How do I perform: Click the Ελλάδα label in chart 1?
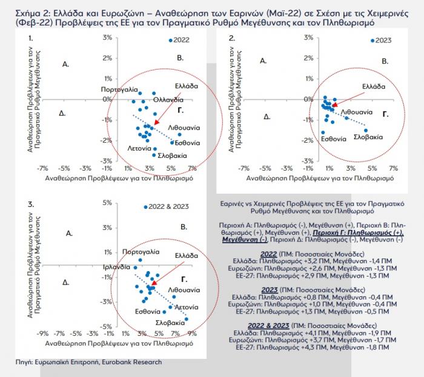tap(187, 86)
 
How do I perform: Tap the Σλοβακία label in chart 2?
tap(368, 137)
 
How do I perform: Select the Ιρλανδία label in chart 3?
tap(117, 267)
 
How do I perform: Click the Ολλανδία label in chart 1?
tap(168, 100)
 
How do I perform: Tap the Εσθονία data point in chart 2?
tap(323, 133)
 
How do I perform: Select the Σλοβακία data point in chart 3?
tap(187, 319)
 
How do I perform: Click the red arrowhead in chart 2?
tap(335, 105)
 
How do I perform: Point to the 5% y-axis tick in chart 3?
tap(107, 203)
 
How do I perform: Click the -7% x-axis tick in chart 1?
tap(42, 168)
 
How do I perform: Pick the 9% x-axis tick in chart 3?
tap(192, 334)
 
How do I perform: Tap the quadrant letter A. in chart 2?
tap(263, 61)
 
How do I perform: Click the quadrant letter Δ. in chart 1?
tap(62, 113)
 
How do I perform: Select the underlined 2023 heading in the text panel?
tap(270, 290)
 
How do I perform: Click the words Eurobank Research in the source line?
tap(131, 362)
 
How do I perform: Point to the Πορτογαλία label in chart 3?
tap(141, 252)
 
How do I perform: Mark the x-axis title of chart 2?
tap(320, 179)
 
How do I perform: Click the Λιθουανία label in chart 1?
tap(184, 128)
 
